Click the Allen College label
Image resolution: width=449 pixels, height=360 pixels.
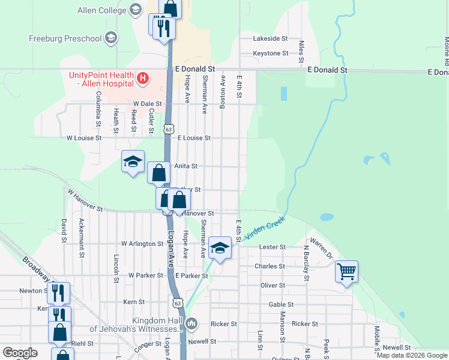(101, 10)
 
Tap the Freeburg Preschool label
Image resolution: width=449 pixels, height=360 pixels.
(65, 39)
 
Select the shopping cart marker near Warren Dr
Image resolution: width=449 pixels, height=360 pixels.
(347, 272)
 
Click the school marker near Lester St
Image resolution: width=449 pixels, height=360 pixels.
(220, 248)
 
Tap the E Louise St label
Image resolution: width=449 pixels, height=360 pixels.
(194, 137)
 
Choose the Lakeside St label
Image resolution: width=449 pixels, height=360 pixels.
(270, 38)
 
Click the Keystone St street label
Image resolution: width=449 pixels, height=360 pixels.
(271, 53)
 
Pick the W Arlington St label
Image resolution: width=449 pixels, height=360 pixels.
(142, 244)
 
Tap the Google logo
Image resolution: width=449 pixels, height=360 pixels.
(20, 353)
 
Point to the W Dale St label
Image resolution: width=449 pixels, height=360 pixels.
(140, 104)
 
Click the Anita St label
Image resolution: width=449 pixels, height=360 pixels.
(185, 166)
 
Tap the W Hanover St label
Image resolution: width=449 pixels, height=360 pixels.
(85, 201)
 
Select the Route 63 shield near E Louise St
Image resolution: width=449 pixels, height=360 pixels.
(169, 129)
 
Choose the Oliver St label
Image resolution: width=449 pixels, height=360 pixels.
(273, 285)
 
